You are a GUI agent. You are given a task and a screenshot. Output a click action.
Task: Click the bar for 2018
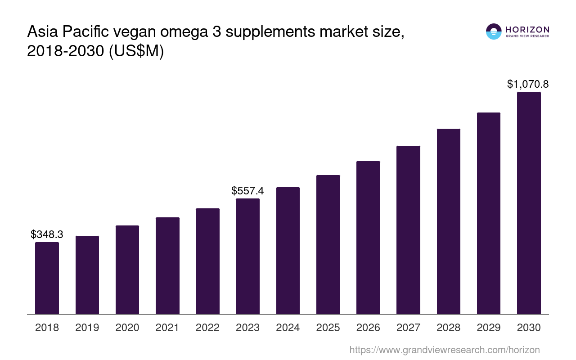[47, 278]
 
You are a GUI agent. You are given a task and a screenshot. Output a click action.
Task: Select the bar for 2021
[167, 265]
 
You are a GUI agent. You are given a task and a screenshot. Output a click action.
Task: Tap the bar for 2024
[288, 251]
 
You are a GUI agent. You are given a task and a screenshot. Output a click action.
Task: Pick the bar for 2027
[408, 230]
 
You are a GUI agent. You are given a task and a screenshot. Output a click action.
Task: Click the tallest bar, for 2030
[529, 203]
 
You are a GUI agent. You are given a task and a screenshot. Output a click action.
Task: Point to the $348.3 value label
[47, 234]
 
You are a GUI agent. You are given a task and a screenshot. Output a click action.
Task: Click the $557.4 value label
[247, 191]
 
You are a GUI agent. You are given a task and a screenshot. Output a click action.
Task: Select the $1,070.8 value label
[528, 84]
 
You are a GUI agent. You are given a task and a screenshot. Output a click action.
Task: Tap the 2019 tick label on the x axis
[87, 328]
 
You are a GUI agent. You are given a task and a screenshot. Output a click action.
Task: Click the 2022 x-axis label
[207, 328]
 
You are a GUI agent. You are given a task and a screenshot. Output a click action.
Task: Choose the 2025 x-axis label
[328, 328]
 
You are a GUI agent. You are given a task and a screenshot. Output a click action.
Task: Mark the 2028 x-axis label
[449, 328]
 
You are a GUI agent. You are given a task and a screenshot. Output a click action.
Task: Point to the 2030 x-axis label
[529, 328]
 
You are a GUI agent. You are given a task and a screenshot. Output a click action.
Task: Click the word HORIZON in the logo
[527, 30]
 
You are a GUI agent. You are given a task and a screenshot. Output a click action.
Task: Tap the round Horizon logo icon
[494, 31]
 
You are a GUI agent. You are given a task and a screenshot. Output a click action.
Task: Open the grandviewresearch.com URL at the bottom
[445, 350]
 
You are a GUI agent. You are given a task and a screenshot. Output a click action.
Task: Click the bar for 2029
[489, 213]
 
